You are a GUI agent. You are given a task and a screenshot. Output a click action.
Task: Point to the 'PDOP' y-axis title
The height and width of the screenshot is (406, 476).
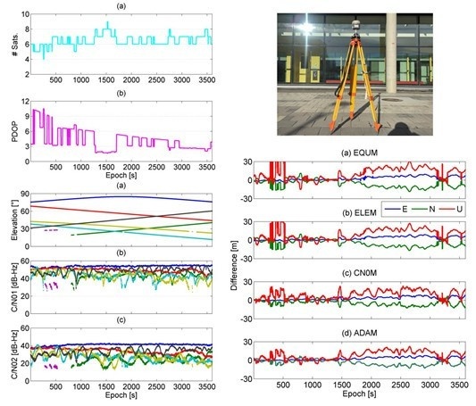[8, 129]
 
